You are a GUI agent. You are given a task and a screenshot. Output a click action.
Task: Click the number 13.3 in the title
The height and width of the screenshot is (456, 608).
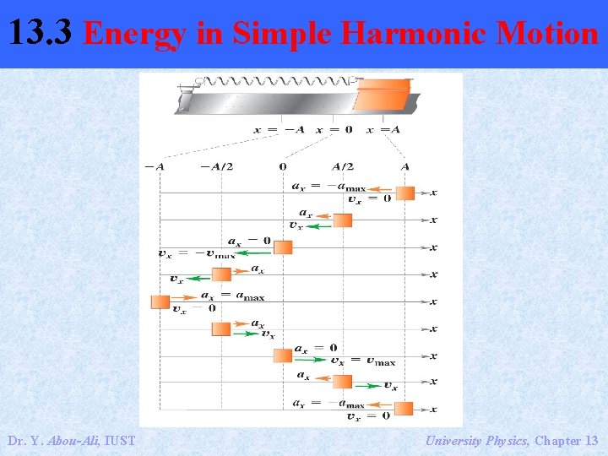coord(43,34)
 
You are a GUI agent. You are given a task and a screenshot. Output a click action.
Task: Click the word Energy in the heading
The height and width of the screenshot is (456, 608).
coord(135,34)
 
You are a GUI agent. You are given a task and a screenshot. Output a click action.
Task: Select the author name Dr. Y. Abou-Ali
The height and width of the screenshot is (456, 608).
coord(71,440)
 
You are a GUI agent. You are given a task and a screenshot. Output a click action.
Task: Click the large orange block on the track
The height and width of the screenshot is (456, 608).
coord(382,95)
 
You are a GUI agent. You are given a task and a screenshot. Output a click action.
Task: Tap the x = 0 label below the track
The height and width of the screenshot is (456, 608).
coord(334,130)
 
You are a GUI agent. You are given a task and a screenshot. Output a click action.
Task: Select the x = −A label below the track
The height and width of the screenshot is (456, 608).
coord(279,130)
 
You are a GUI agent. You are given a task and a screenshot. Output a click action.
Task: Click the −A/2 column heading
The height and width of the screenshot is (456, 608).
coord(216,166)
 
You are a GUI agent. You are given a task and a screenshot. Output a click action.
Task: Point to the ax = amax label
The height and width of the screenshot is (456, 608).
coord(232,296)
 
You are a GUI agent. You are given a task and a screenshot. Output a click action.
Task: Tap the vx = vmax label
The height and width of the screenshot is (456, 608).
coord(362,361)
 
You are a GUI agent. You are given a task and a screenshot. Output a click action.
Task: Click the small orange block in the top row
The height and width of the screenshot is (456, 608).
coord(405,193)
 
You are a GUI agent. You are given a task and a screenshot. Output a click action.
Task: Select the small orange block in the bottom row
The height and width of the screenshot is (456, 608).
coord(404,409)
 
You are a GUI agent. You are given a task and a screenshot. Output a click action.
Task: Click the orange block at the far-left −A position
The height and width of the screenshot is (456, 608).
coord(160,301)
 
